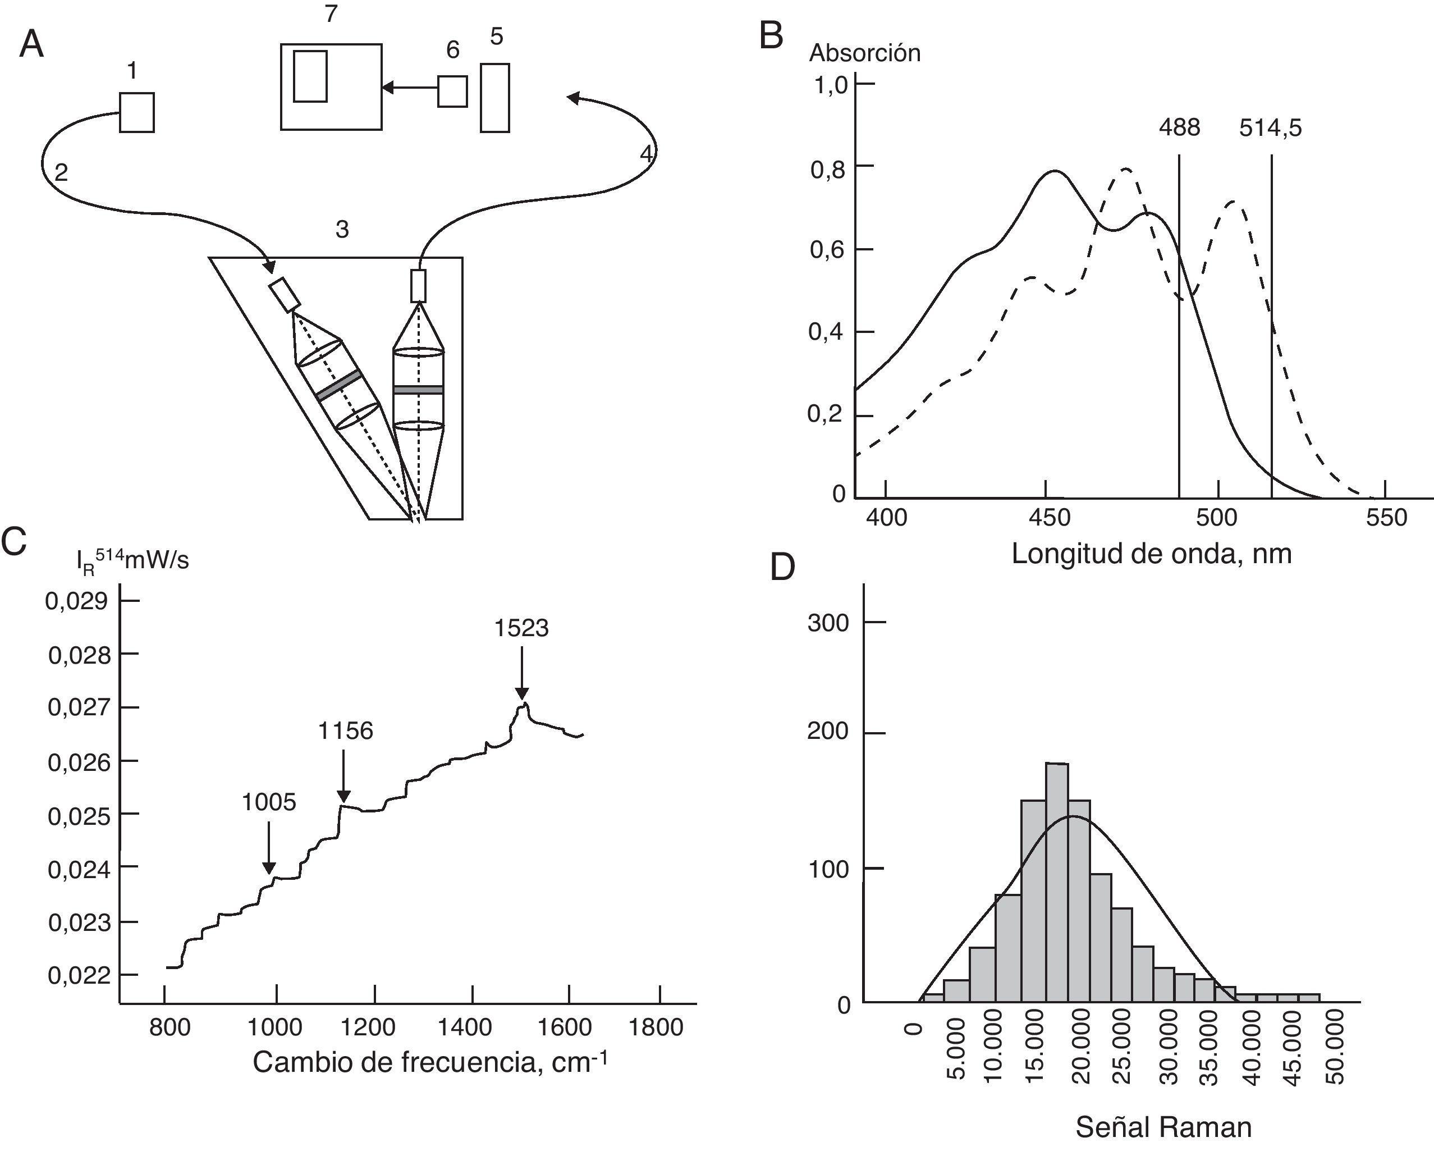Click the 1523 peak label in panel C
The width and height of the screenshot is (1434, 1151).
point(521,628)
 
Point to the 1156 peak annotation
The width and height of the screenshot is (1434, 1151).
point(345,731)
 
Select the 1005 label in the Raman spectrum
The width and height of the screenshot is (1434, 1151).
point(269,802)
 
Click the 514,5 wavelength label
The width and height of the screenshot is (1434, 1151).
point(1270,128)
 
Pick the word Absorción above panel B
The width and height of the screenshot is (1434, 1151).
point(865,53)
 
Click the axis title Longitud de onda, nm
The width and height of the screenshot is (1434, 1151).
point(1151,554)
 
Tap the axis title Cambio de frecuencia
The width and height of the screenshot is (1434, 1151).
point(430,1062)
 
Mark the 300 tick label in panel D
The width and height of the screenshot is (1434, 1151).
point(827,623)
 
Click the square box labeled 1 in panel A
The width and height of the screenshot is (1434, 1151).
point(137,112)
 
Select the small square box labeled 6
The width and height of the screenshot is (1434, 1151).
point(452,91)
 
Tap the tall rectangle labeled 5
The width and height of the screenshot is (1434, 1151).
point(495,98)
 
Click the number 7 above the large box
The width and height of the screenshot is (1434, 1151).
point(331,13)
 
